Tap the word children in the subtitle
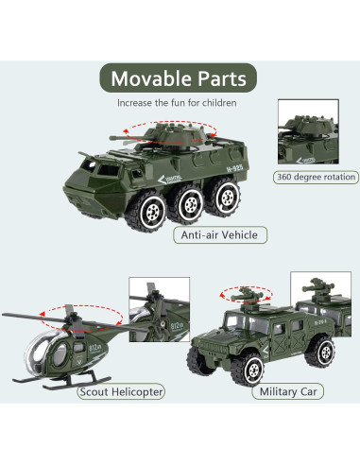click(x=217, y=102)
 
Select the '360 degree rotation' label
click(x=317, y=177)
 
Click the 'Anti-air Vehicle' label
click(x=219, y=233)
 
